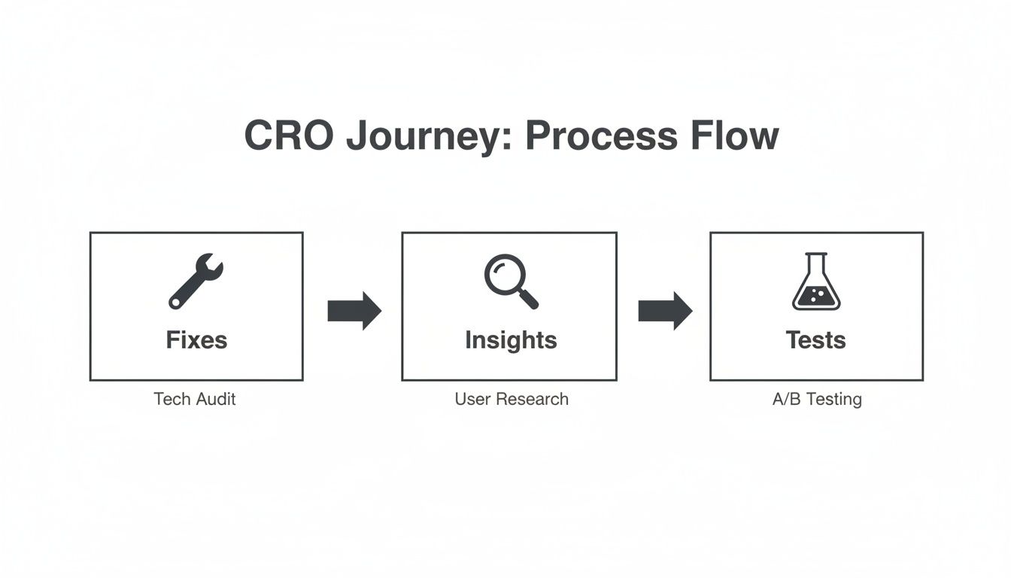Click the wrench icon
pos(196,281)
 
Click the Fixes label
pos(196,340)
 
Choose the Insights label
pos(511,340)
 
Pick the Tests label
pos(816,340)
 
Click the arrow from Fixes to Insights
pos(354,310)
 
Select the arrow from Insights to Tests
pos(665,310)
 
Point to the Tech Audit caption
pos(195,399)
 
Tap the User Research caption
pos(512,399)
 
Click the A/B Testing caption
pos(817,399)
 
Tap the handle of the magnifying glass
pos(529,299)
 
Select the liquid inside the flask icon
pos(816,297)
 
